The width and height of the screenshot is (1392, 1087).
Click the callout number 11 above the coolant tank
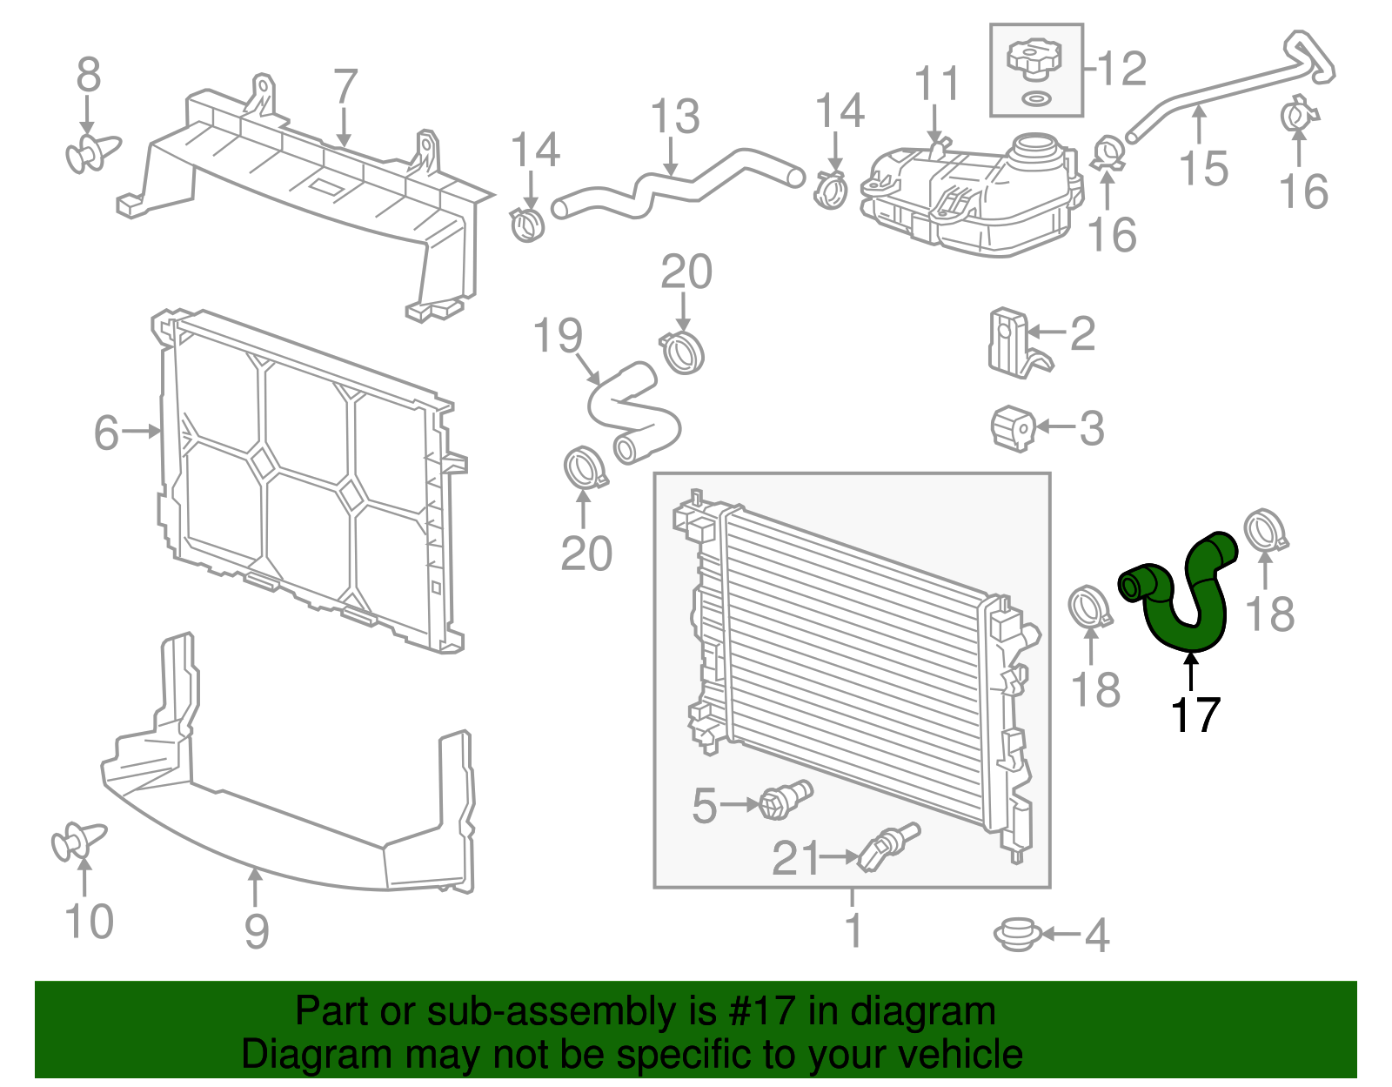point(936,84)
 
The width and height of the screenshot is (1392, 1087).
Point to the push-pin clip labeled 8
point(91,154)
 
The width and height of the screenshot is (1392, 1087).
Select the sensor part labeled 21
point(887,847)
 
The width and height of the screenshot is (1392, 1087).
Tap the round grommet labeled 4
point(1016,935)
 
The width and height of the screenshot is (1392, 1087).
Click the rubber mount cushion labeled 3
point(1012,427)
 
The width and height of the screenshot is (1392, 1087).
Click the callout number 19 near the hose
point(557,336)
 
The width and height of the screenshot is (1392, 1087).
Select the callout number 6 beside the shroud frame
point(106,433)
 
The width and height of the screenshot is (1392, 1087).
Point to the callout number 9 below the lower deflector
point(256,930)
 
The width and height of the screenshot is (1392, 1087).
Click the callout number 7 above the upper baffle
point(345,86)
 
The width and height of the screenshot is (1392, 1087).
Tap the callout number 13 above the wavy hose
point(674,117)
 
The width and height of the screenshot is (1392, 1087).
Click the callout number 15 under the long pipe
point(1203,167)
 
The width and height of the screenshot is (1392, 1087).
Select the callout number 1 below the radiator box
point(853,929)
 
